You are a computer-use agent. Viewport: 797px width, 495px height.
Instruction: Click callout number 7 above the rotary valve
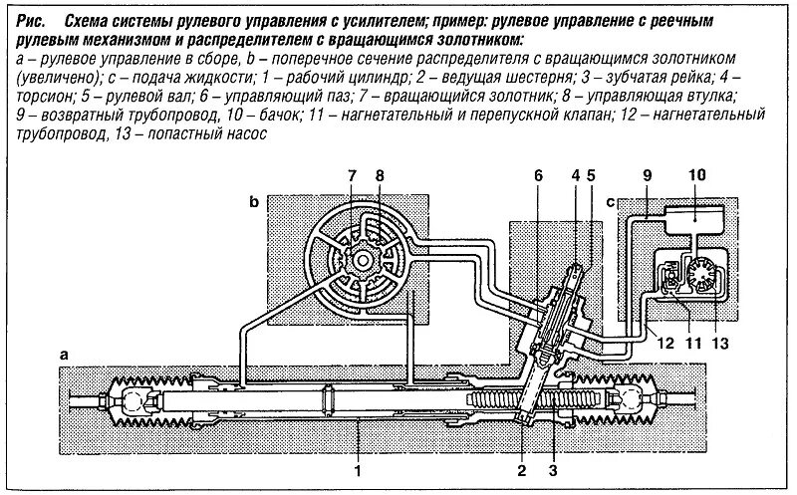[x=351, y=176]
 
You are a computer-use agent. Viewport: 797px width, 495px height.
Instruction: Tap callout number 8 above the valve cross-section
[x=379, y=176]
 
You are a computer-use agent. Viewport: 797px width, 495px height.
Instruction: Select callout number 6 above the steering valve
[x=537, y=176]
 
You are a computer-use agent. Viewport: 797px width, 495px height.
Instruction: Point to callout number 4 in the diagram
[x=575, y=176]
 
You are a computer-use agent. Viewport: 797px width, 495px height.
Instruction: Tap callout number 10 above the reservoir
[x=696, y=176]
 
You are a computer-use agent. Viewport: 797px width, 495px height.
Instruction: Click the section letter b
[x=255, y=201]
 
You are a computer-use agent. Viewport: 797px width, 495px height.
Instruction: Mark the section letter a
[x=65, y=354]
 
